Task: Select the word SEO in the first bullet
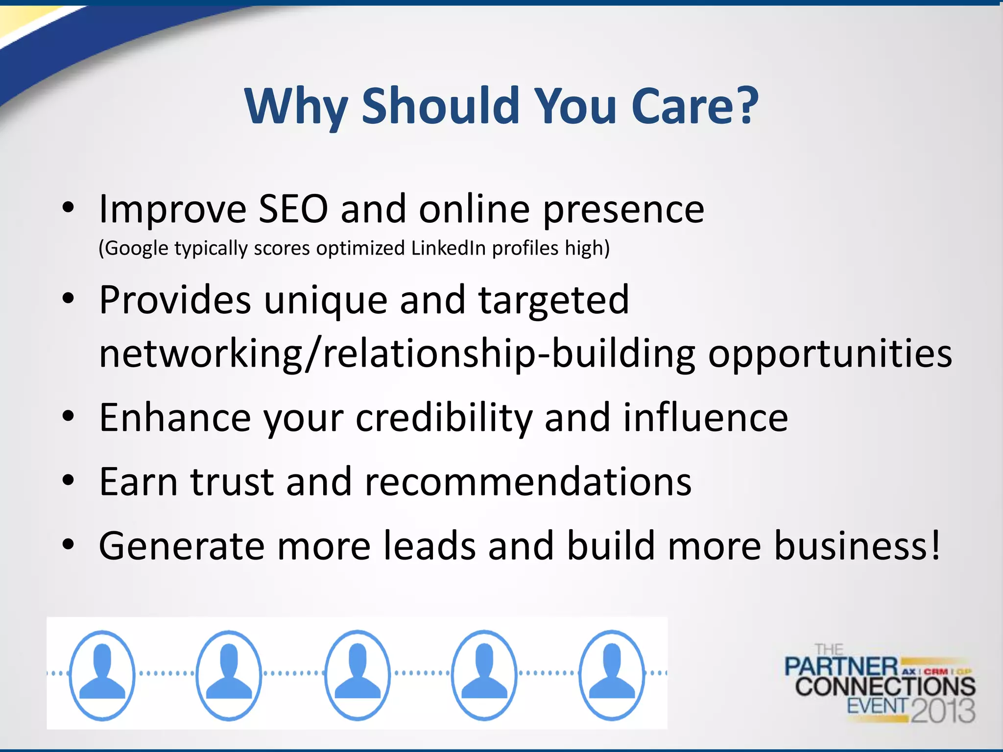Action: [x=293, y=209]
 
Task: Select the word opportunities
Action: [x=830, y=353]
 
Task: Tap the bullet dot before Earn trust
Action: [x=68, y=481]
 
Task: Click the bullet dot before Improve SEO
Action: [x=68, y=208]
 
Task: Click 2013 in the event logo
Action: [x=943, y=710]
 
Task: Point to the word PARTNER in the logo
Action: [x=841, y=667]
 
